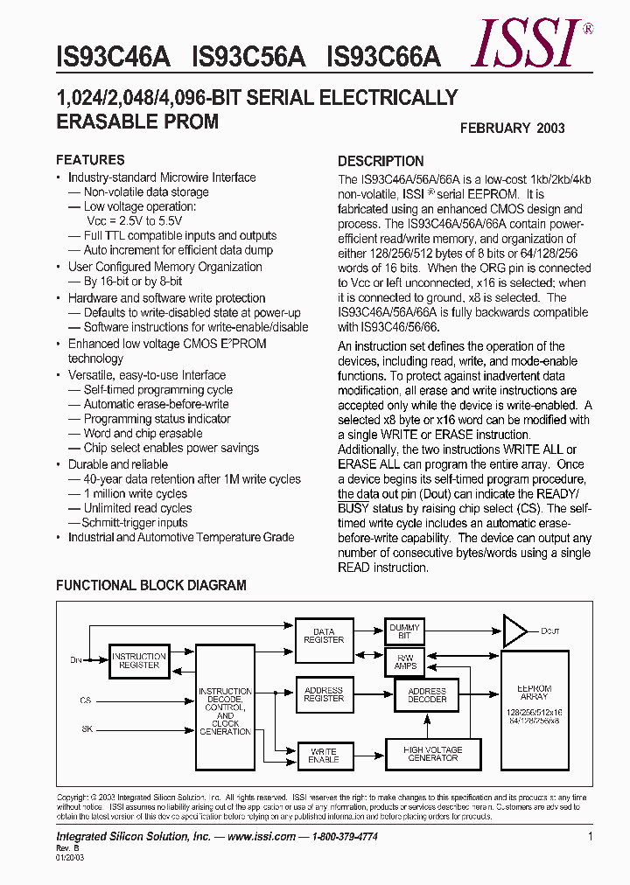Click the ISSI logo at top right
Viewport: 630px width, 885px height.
click(525, 44)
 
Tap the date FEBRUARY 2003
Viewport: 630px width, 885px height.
click(513, 128)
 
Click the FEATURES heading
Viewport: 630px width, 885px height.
click(90, 160)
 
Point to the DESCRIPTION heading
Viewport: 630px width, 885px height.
click(381, 161)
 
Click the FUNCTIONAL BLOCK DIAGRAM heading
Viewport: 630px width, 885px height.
click(151, 585)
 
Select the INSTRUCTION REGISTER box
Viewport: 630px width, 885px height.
click(139, 660)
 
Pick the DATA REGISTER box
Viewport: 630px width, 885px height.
click(324, 635)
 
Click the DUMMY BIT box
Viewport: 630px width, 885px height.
click(404, 631)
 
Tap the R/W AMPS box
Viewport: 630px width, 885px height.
click(405, 661)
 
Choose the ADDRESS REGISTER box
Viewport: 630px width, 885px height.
click(324, 694)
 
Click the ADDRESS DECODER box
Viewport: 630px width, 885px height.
click(427, 695)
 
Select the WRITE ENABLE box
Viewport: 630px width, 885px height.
click(324, 755)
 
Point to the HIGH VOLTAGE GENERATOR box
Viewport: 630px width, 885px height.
click(432, 753)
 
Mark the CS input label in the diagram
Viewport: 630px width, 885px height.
click(85, 700)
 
